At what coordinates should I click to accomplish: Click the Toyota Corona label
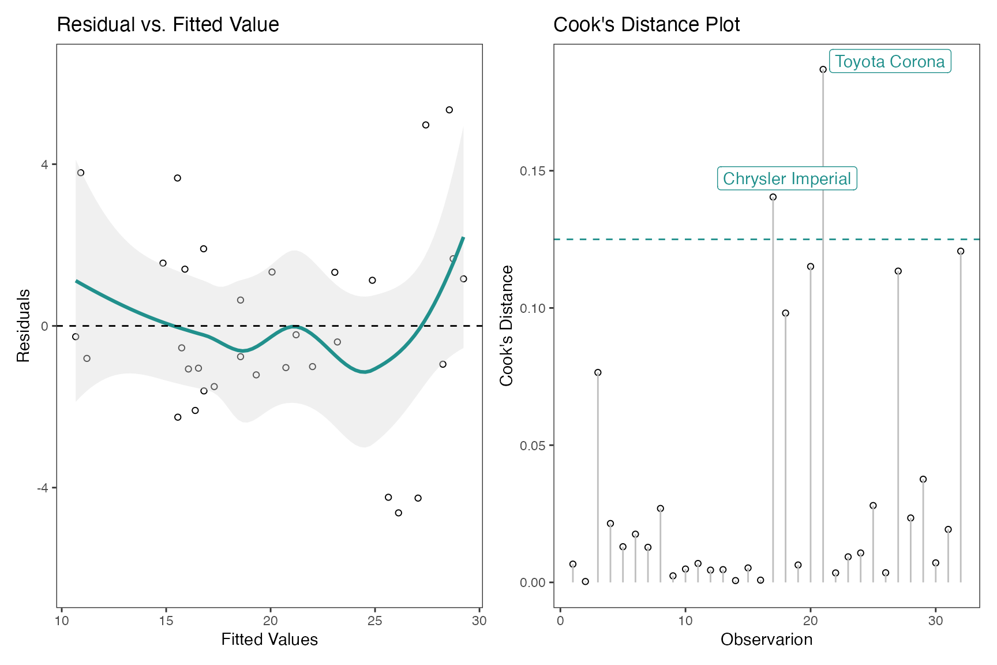[890, 61]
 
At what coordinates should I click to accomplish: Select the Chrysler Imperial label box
[786, 178]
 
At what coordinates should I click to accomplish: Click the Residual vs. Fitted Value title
[168, 24]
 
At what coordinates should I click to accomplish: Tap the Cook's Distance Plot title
[646, 24]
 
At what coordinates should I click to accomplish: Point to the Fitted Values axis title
[269, 640]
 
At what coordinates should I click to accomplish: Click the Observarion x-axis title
[766, 640]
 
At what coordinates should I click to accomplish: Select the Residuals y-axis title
[23, 326]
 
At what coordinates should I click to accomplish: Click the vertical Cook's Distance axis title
[506, 326]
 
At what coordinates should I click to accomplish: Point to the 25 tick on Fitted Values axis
[375, 621]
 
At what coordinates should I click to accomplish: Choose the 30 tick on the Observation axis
[935, 621]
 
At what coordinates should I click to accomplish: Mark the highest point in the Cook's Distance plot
[823, 69]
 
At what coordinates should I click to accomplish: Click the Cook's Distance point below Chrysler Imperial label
[773, 197]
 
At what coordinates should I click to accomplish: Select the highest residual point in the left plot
[449, 110]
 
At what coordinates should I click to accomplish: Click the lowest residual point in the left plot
[398, 513]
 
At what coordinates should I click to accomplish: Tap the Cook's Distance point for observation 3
[598, 372]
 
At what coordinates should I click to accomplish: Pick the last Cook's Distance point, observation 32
[961, 251]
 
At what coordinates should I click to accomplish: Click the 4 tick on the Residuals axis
[45, 164]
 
